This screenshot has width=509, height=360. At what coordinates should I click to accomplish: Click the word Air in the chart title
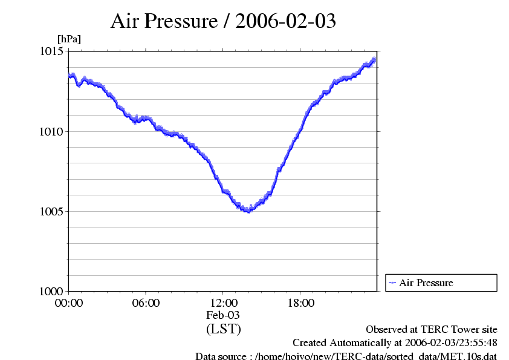click(124, 21)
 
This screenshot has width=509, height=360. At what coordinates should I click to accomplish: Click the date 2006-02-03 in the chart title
click(285, 21)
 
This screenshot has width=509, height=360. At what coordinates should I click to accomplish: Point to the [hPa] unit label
click(69, 39)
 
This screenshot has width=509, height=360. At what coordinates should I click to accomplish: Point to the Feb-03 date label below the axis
click(223, 315)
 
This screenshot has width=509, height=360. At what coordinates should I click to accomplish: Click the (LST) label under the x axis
click(223, 329)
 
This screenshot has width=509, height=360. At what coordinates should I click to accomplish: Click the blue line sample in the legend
click(392, 283)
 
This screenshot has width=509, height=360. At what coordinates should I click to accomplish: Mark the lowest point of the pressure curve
click(248, 211)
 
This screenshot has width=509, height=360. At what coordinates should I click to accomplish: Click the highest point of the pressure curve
click(374, 59)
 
